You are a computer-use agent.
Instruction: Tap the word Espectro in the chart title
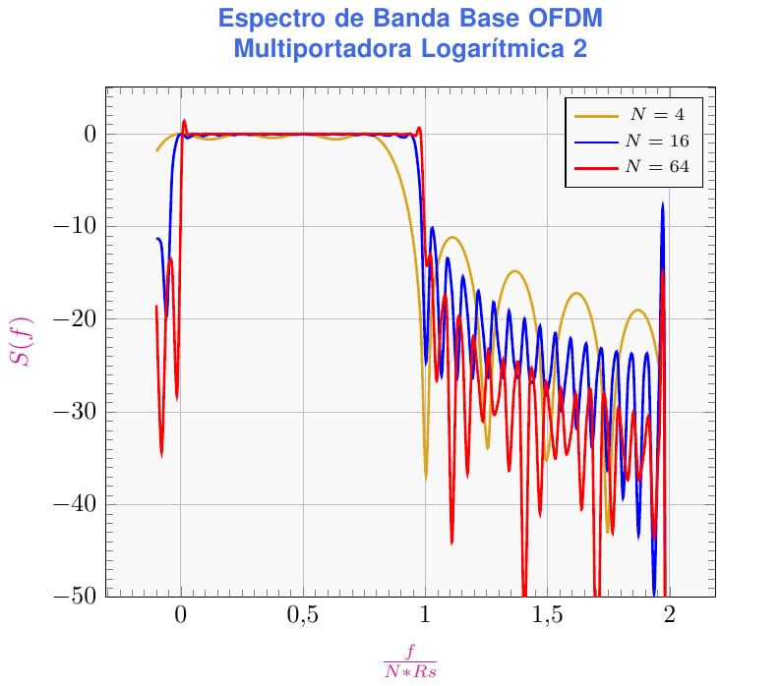[268, 19]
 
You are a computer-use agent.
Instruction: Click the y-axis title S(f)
[21, 341]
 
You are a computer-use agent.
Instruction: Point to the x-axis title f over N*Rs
[410, 660]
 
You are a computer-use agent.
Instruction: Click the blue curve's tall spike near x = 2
[663, 207]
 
